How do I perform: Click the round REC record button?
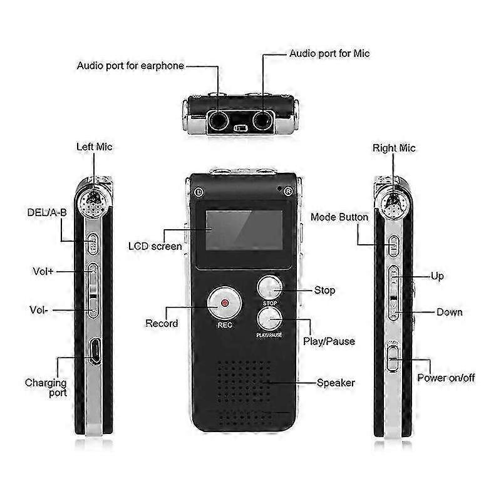pyautogui.click(x=224, y=303)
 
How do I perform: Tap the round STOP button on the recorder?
pyautogui.click(x=270, y=287)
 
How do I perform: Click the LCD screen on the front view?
pyautogui.click(x=244, y=230)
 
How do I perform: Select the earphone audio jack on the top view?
pyautogui.click(x=218, y=121)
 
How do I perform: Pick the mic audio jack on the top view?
pyautogui.click(x=262, y=121)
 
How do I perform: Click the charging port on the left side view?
pyautogui.click(x=95, y=351)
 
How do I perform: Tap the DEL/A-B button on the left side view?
pyautogui.click(x=93, y=244)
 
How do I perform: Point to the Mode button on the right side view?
pyautogui.click(x=394, y=245)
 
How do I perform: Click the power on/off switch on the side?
pyautogui.click(x=393, y=358)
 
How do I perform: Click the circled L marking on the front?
pyautogui.click(x=199, y=192)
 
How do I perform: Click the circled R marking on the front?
pyautogui.click(x=288, y=192)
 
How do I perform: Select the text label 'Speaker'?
pyautogui.click(x=336, y=383)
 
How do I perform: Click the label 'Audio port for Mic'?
pyautogui.click(x=329, y=54)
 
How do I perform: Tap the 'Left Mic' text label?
pyautogui.click(x=95, y=147)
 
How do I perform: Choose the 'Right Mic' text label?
pyautogui.click(x=394, y=148)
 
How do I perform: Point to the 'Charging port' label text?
pyautogui.click(x=46, y=388)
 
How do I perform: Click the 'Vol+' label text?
pyautogui.click(x=43, y=271)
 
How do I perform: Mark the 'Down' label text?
pyautogui.click(x=449, y=312)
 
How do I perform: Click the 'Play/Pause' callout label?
pyautogui.click(x=329, y=341)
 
